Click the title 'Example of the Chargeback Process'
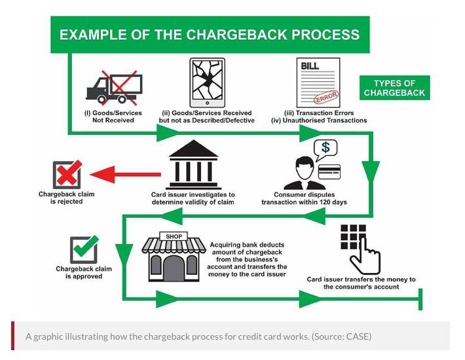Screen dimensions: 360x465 pyautogui.click(x=210, y=35)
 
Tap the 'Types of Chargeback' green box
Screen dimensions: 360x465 pyautogui.click(x=394, y=88)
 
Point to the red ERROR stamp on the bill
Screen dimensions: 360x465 pyautogui.click(x=325, y=98)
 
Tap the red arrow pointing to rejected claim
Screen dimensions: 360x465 pyautogui.click(x=125, y=174)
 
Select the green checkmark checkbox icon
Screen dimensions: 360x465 pyautogui.click(x=84, y=249)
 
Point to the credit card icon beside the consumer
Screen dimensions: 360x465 pyautogui.click(x=329, y=172)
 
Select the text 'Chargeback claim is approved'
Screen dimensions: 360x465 pyautogui.click(x=84, y=272)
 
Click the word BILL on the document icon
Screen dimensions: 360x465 pyautogui.click(x=310, y=66)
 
